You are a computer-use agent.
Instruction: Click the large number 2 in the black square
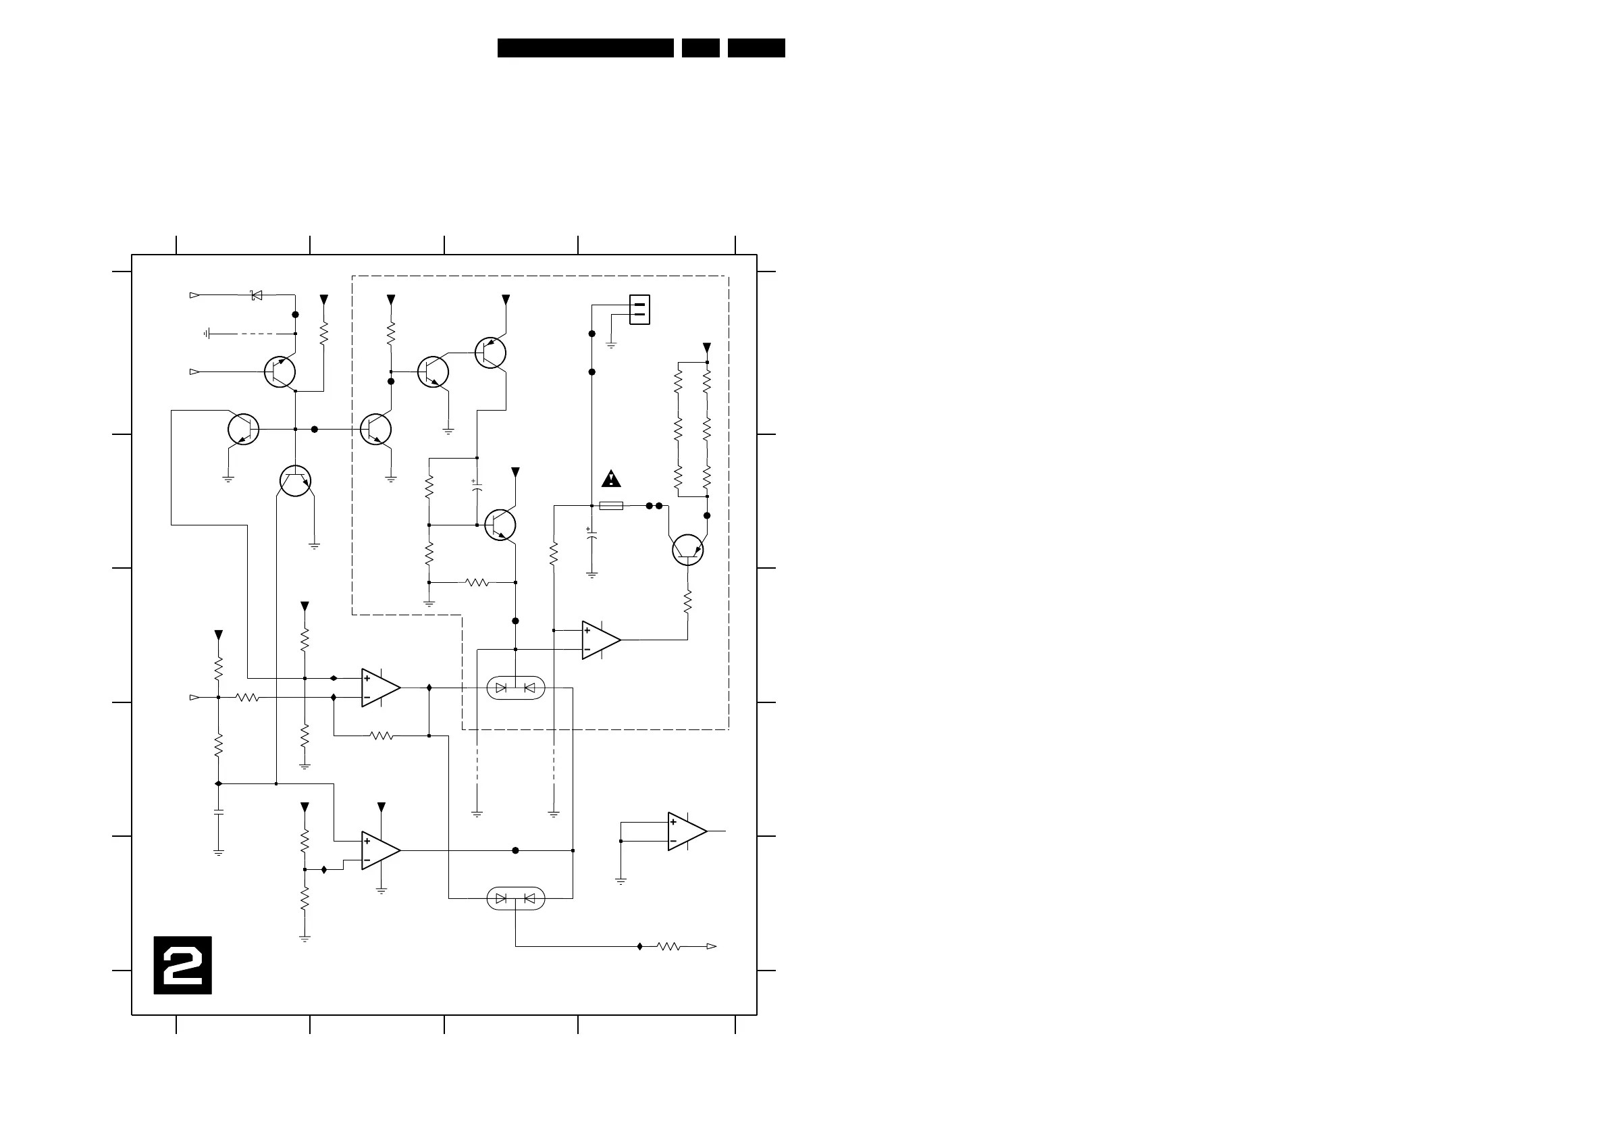(x=183, y=965)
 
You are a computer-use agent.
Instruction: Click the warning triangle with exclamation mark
(x=611, y=480)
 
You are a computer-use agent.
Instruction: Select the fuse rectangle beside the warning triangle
(x=611, y=505)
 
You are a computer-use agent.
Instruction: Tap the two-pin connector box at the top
(x=639, y=309)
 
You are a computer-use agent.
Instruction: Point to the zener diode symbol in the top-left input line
(x=256, y=295)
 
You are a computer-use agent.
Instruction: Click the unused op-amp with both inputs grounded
(x=686, y=831)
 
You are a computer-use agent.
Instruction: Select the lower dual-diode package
(x=515, y=898)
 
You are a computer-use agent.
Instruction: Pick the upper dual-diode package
(x=515, y=688)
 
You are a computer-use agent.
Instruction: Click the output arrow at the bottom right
(x=711, y=946)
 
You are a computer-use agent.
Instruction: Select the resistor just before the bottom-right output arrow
(x=668, y=946)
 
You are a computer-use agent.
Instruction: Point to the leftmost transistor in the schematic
(x=243, y=429)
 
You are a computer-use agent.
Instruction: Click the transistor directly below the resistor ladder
(x=687, y=550)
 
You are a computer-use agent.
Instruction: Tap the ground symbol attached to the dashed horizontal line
(x=207, y=334)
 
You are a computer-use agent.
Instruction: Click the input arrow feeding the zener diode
(x=194, y=295)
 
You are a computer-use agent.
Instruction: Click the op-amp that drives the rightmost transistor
(x=600, y=640)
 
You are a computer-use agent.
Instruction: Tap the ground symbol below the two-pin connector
(x=611, y=344)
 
